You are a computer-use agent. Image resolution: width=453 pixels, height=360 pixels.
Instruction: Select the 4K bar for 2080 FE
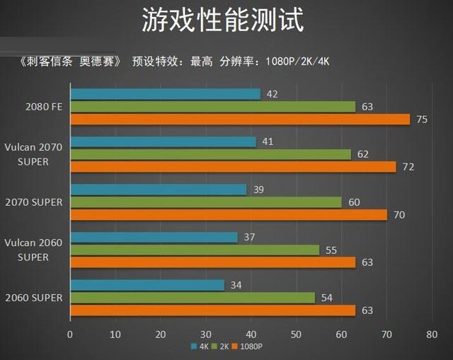click(x=166, y=94)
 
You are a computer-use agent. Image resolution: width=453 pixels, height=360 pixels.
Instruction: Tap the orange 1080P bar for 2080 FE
click(x=240, y=120)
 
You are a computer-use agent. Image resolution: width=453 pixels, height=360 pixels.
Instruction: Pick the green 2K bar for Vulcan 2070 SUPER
click(x=211, y=154)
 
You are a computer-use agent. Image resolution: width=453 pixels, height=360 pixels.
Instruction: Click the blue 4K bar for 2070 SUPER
click(x=159, y=190)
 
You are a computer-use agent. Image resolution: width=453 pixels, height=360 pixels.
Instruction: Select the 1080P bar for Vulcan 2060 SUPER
click(x=212, y=262)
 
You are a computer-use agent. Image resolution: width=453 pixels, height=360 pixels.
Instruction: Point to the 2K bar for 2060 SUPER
click(x=193, y=298)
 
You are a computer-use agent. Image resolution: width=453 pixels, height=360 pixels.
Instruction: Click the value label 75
click(x=422, y=120)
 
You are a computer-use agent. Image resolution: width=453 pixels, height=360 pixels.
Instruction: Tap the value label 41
click(x=268, y=141)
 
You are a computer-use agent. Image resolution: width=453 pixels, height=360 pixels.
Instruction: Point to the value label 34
click(x=236, y=285)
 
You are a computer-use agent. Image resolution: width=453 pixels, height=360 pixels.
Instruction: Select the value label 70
click(x=399, y=215)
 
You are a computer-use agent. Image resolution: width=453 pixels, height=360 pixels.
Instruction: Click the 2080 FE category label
click(x=43, y=108)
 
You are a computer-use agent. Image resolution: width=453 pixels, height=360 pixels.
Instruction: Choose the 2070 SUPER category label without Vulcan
click(x=34, y=202)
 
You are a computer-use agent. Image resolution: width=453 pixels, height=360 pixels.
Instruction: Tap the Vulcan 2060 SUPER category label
click(x=34, y=250)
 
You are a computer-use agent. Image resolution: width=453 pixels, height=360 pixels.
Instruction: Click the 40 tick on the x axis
click(x=251, y=333)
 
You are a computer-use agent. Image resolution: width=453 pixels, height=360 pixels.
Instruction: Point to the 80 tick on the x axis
click(x=432, y=333)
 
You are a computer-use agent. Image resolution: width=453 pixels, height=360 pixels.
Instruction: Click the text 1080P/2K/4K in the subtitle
click(x=297, y=61)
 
